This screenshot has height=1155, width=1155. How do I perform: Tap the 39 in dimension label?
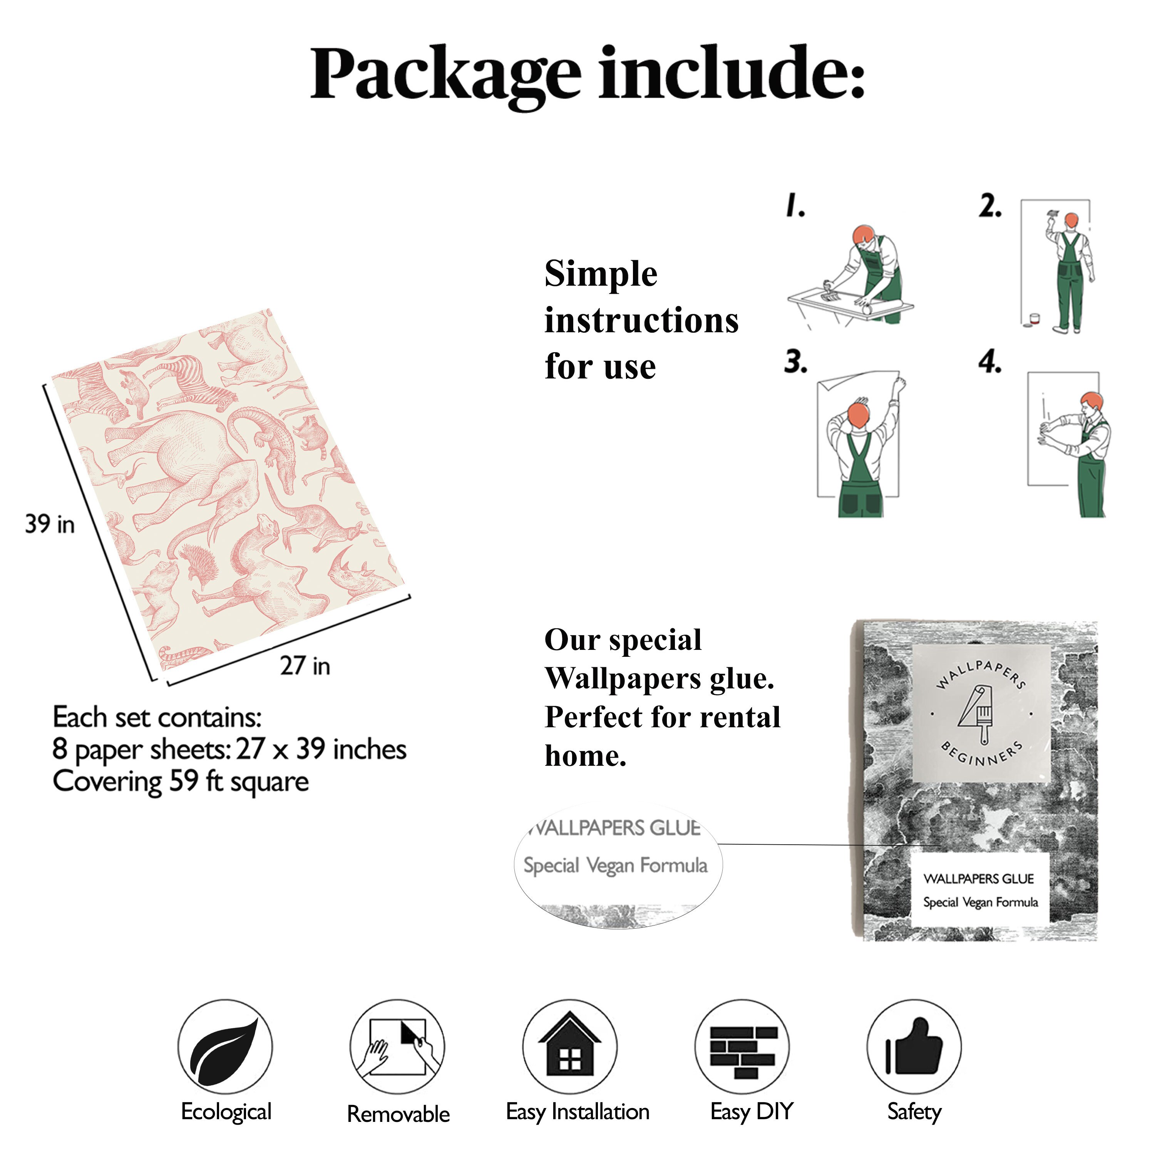click(50, 524)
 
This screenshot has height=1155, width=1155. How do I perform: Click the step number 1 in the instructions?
click(795, 205)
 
